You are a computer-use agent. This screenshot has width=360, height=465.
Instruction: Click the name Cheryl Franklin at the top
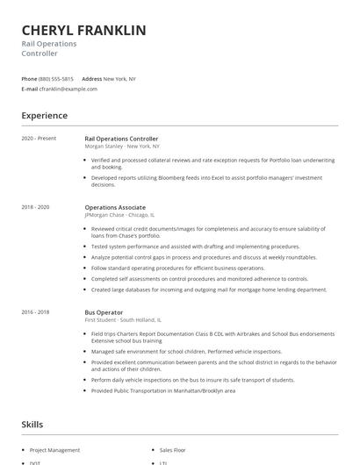pyautogui.click(x=83, y=31)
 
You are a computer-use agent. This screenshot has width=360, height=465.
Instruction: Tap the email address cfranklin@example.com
pyautogui.click(x=68, y=89)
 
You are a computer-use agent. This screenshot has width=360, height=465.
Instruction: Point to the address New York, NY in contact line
pyautogui.click(x=119, y=79)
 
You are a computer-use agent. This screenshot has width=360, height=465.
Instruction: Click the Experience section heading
pyautogui.click(x=44, y=115)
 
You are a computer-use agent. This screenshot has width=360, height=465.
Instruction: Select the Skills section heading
pyautogui.click(x=32, y=425)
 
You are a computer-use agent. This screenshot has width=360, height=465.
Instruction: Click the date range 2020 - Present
pyautogui.click(x=39, y=139)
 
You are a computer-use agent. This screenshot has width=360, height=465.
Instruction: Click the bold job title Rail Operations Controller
pyautogui.click(x=121, y=139)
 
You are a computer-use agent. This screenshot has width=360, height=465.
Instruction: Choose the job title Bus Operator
pyautogui.click(x=104, y=312)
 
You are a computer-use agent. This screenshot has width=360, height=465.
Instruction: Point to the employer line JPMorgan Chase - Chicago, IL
pyautogui.click(x=119, y=214)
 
